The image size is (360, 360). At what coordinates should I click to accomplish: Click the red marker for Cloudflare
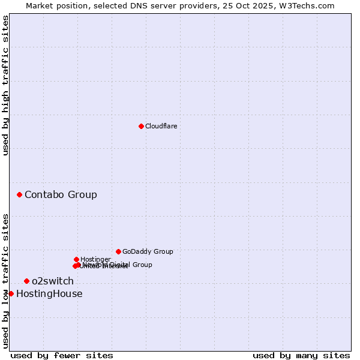pos(141,126)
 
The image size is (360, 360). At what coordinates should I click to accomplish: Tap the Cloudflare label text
pos(161,126)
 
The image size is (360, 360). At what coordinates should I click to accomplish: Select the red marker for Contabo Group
pos(20,194)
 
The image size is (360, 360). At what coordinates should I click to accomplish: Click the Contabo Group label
pos(61,194)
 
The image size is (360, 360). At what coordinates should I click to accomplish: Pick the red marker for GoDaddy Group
pos(118,251)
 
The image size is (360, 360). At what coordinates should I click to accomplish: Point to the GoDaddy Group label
pos(148,251)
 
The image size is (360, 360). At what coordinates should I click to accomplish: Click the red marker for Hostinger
pos(76,259)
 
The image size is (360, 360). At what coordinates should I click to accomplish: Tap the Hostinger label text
pos(95,259)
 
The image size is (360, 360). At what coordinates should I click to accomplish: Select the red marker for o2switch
pos(26,281)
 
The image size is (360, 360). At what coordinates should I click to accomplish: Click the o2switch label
pos(53,281)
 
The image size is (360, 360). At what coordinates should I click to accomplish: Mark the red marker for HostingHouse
pos(11,293)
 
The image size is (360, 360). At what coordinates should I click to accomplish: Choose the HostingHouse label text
pos(49,293)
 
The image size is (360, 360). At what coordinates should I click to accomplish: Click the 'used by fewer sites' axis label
pos(62,355)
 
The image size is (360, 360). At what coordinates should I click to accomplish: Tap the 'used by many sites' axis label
pos(301,355)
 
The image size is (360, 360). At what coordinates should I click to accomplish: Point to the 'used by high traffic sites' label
pos(5,85)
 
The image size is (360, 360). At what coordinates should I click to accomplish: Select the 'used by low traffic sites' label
pos(5,281)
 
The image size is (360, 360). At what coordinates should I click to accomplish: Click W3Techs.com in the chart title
pos(310,5)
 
